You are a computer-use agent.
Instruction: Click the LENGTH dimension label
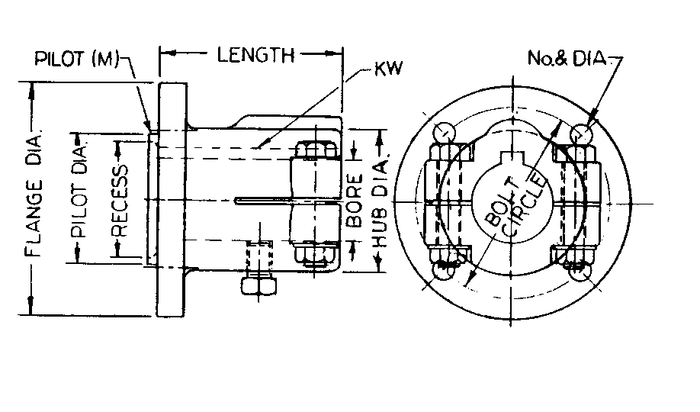click(x=255, y=55)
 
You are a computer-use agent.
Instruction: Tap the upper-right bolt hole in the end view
click(x=582, y=134)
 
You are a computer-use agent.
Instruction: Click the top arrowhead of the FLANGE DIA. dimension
click(x=31, y=89)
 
